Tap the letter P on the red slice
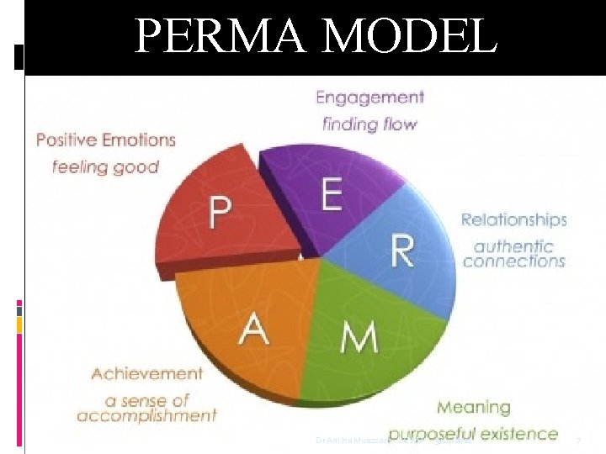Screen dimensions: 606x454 [221, 213]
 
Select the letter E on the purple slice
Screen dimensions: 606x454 [331, 195]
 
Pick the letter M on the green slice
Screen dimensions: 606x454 [359, 337]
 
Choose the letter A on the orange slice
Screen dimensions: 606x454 [254, 328]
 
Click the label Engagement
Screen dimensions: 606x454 [369, 98]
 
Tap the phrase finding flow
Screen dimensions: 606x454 [369, 124]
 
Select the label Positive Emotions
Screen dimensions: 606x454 [105, 140]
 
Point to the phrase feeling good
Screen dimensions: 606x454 [105, 166]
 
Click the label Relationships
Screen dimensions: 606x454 [513, 220]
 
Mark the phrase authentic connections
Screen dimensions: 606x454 [513, 254]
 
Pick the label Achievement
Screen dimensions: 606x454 [147, 373]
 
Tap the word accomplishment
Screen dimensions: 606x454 [146, 415]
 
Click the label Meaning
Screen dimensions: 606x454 [473, 407]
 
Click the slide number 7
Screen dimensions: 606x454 [578, 441]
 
